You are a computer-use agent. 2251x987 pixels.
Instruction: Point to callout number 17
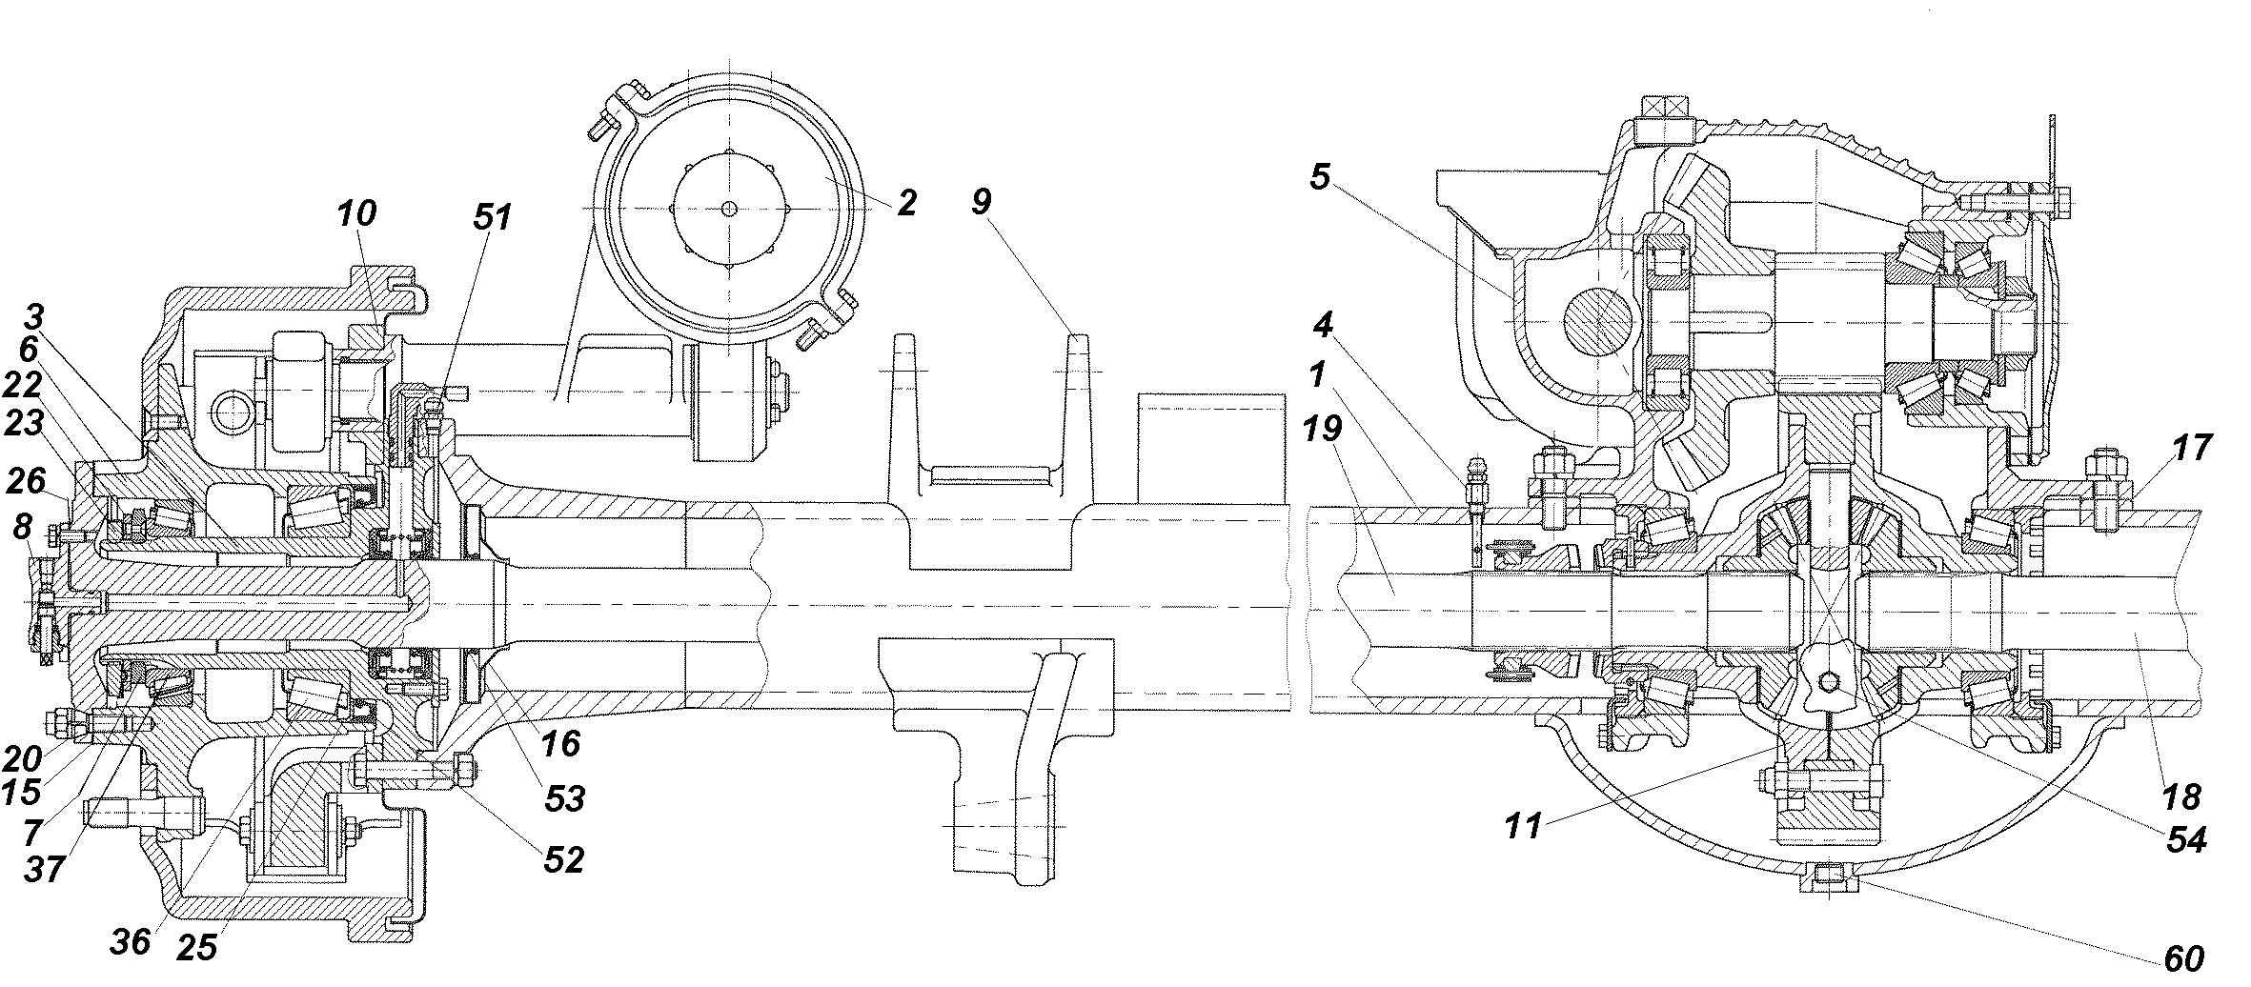2191,448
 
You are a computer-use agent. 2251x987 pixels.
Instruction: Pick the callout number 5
1319,178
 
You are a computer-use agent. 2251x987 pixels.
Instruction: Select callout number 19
1324,429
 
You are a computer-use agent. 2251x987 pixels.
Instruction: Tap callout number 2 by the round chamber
905,202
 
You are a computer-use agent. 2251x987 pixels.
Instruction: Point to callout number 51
492,218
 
